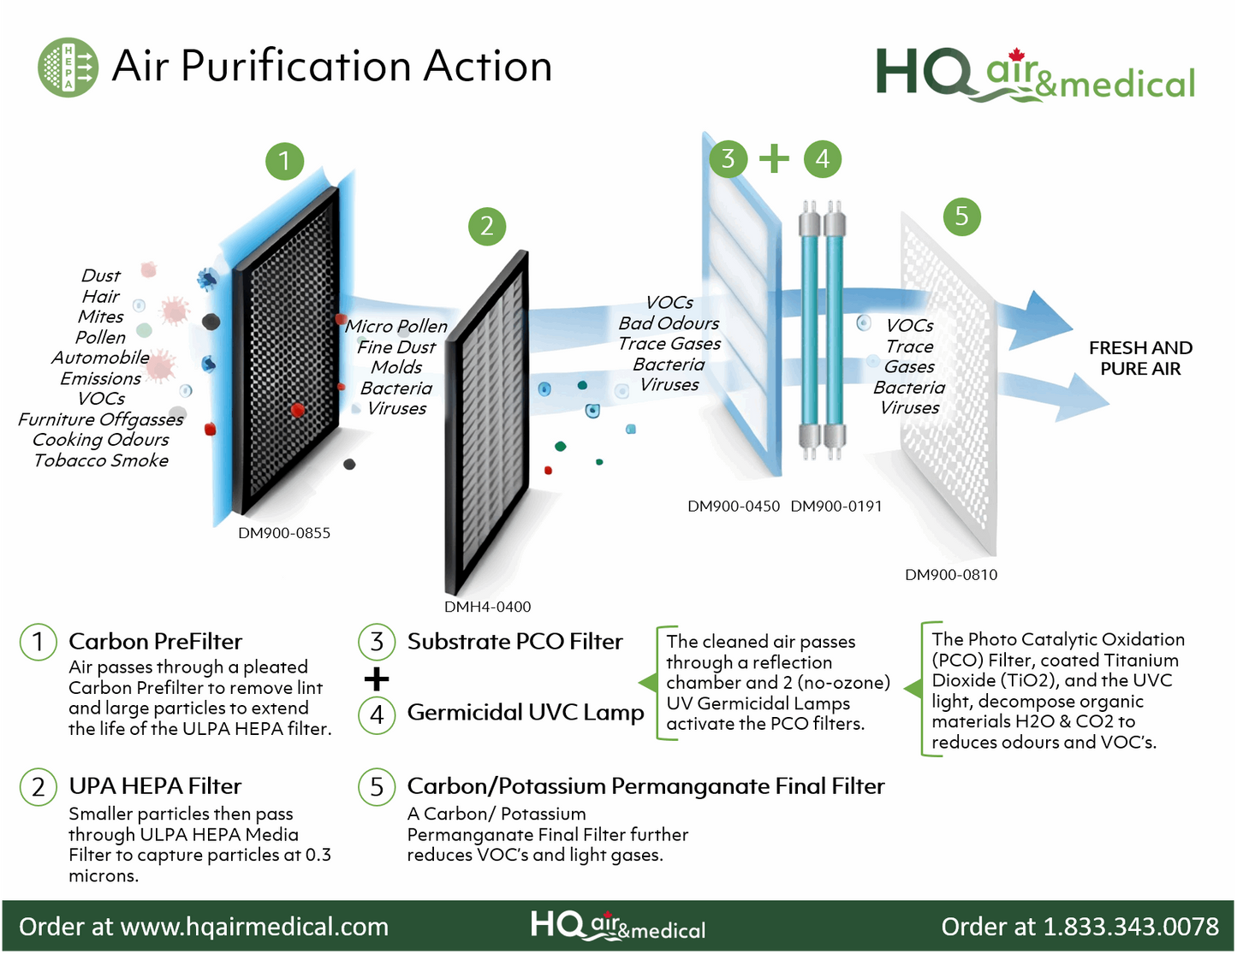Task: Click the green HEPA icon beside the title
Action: [68, 67]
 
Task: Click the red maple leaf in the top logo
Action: [1016, 56]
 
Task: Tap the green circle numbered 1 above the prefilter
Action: [284, 161]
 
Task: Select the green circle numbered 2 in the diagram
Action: [487, 227]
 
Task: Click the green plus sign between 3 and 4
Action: [775, 158]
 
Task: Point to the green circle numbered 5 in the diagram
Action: [961, 216]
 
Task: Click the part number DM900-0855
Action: [284, 533]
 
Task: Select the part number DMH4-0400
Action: [487, 607]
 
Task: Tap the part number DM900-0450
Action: [734, 507]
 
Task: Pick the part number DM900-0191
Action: [836, 507]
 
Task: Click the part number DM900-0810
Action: [951, 575]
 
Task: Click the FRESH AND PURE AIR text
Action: [1140, 359]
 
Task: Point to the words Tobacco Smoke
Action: [101, 460]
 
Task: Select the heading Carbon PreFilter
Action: [155, 642]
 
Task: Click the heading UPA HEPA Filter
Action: [155, 786]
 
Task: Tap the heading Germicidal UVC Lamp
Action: [525, 713]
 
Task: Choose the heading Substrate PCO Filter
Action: [514, 642]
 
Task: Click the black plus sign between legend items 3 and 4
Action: [377, 679]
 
